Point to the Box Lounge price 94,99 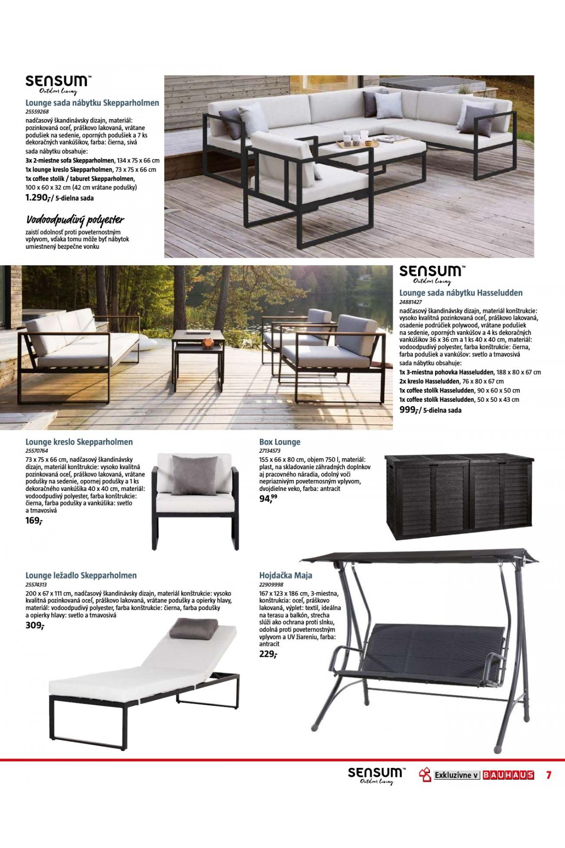click(268, 498)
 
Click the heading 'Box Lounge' click(280, 442)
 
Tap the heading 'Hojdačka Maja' click(285, 575)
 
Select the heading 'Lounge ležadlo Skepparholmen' click(81, 575)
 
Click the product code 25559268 click(37, 112)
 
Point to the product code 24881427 click(411, 302)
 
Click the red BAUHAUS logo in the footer click(508, 775)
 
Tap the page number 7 click(549, 775)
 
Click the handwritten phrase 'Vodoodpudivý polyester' click(75, 220)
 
